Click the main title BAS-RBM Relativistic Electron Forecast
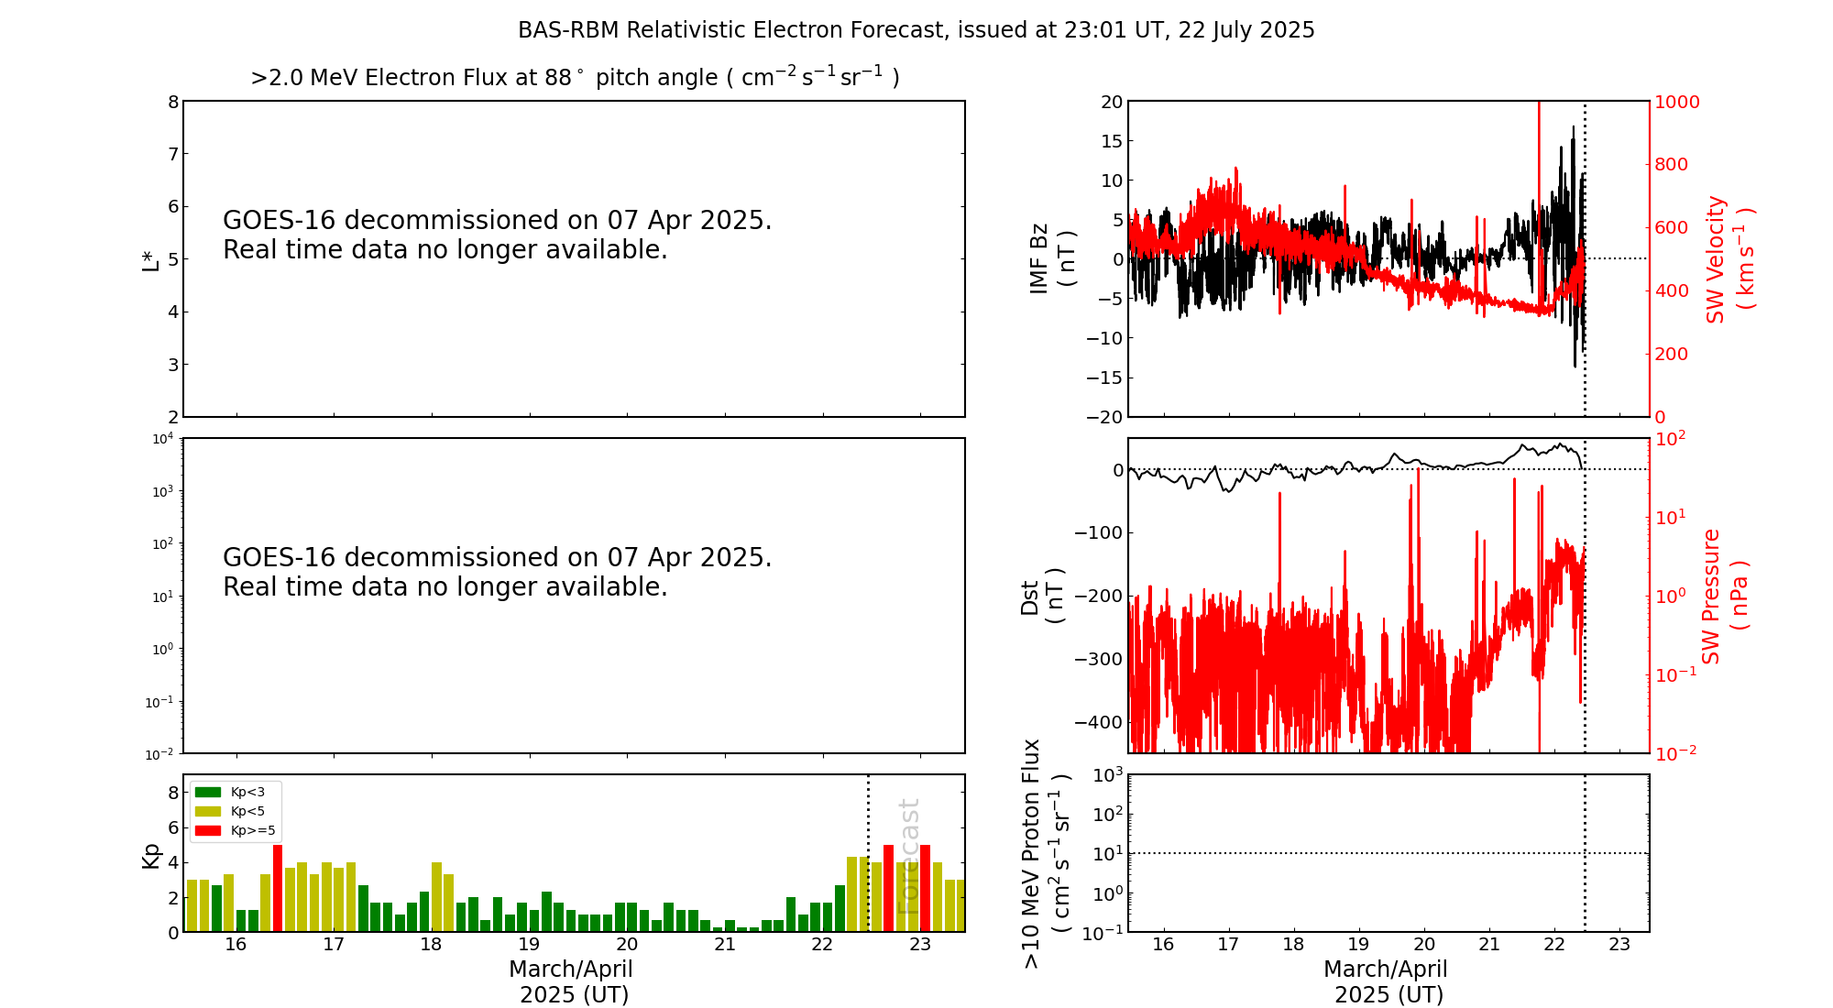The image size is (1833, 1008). point(916,30)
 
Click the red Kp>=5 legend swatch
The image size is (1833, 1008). point(208,831)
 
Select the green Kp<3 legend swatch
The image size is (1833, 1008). point(208,792)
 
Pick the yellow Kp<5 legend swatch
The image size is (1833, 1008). point(208,811)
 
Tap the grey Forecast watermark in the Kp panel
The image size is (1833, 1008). point(908,857)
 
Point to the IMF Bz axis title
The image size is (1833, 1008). point(1050,258)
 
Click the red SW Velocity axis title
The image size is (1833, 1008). point(1729,259)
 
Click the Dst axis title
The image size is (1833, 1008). point(1041,596)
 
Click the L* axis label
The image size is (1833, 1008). point(150,259)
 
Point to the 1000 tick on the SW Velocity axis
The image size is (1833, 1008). point(1676,102)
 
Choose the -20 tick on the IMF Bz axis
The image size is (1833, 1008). point(1104,417)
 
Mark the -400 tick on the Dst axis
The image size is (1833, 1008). point(1099,722)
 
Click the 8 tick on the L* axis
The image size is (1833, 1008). point(172,102)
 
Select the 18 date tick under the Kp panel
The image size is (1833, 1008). point(431,945)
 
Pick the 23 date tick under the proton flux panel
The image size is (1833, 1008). point(1619,945)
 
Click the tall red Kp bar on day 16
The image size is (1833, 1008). point(278,888)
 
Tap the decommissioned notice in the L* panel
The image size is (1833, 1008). point(497,236)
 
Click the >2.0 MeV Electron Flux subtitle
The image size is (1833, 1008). point(575,78)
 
